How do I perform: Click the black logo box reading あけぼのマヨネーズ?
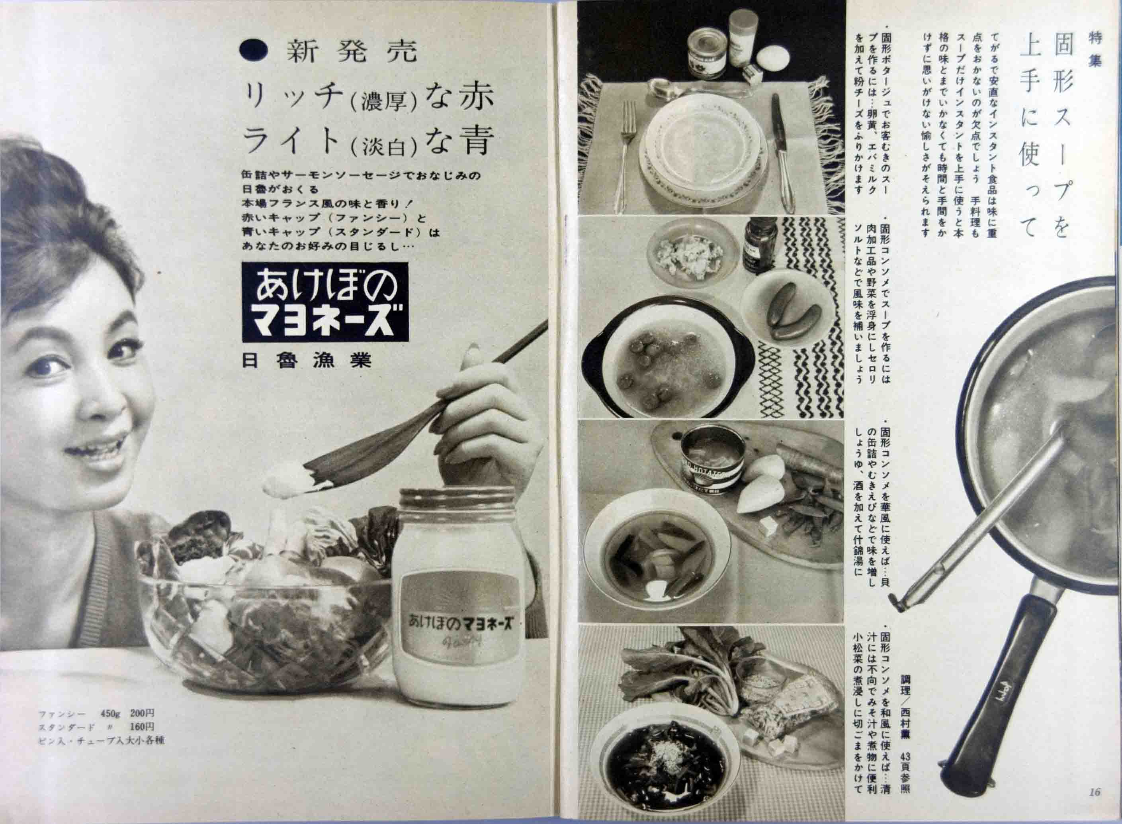click(x=325, y=303)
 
